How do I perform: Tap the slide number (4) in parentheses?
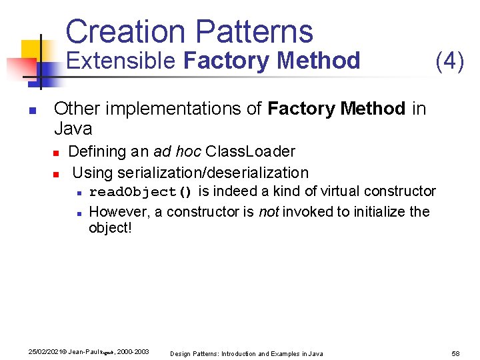point(449,61)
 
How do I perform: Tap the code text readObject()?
point(140,192)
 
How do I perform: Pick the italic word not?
point(268,212)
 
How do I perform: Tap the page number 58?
point(457,353)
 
